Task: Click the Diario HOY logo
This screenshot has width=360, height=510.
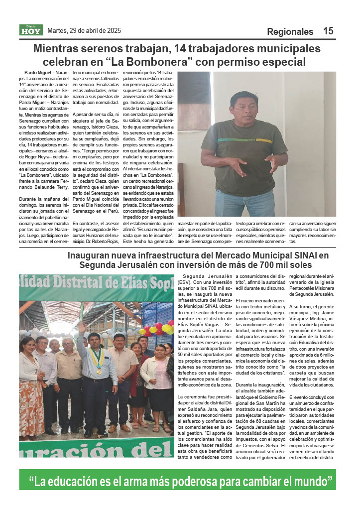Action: coord(31,30)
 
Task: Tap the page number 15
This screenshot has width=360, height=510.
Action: coord(328,31)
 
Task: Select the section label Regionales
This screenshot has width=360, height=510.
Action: coord(290,31)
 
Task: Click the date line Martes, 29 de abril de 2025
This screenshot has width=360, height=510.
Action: coord(84,30)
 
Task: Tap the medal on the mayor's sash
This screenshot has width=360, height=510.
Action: coord(99,371)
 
